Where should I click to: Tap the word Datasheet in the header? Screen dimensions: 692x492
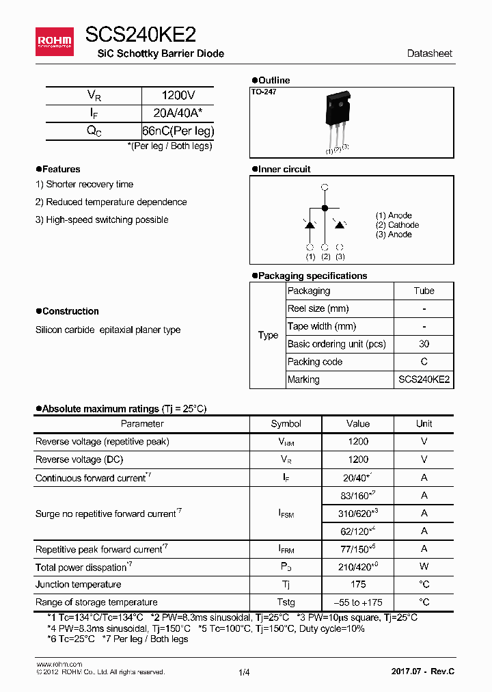point(429,53)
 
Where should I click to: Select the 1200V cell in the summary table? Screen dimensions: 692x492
point(178,96)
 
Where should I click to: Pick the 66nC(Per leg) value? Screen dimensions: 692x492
point(178,131)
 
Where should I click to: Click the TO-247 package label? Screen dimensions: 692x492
point(264,92)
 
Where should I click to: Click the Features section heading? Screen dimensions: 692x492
point(61,169)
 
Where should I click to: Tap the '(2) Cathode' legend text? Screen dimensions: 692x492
point(397,225)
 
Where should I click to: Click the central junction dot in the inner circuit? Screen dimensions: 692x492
point(325,207)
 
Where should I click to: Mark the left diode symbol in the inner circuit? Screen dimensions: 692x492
point(310,224)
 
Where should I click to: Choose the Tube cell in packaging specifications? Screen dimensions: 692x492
point(424,291)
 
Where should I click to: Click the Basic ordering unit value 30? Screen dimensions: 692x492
point(424,344)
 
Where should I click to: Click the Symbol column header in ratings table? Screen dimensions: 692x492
point(286,423)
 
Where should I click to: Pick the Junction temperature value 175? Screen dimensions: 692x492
point(357,584)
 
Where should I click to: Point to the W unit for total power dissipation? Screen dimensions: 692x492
point(424,566)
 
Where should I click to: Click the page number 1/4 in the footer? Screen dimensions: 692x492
point(245,672)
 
